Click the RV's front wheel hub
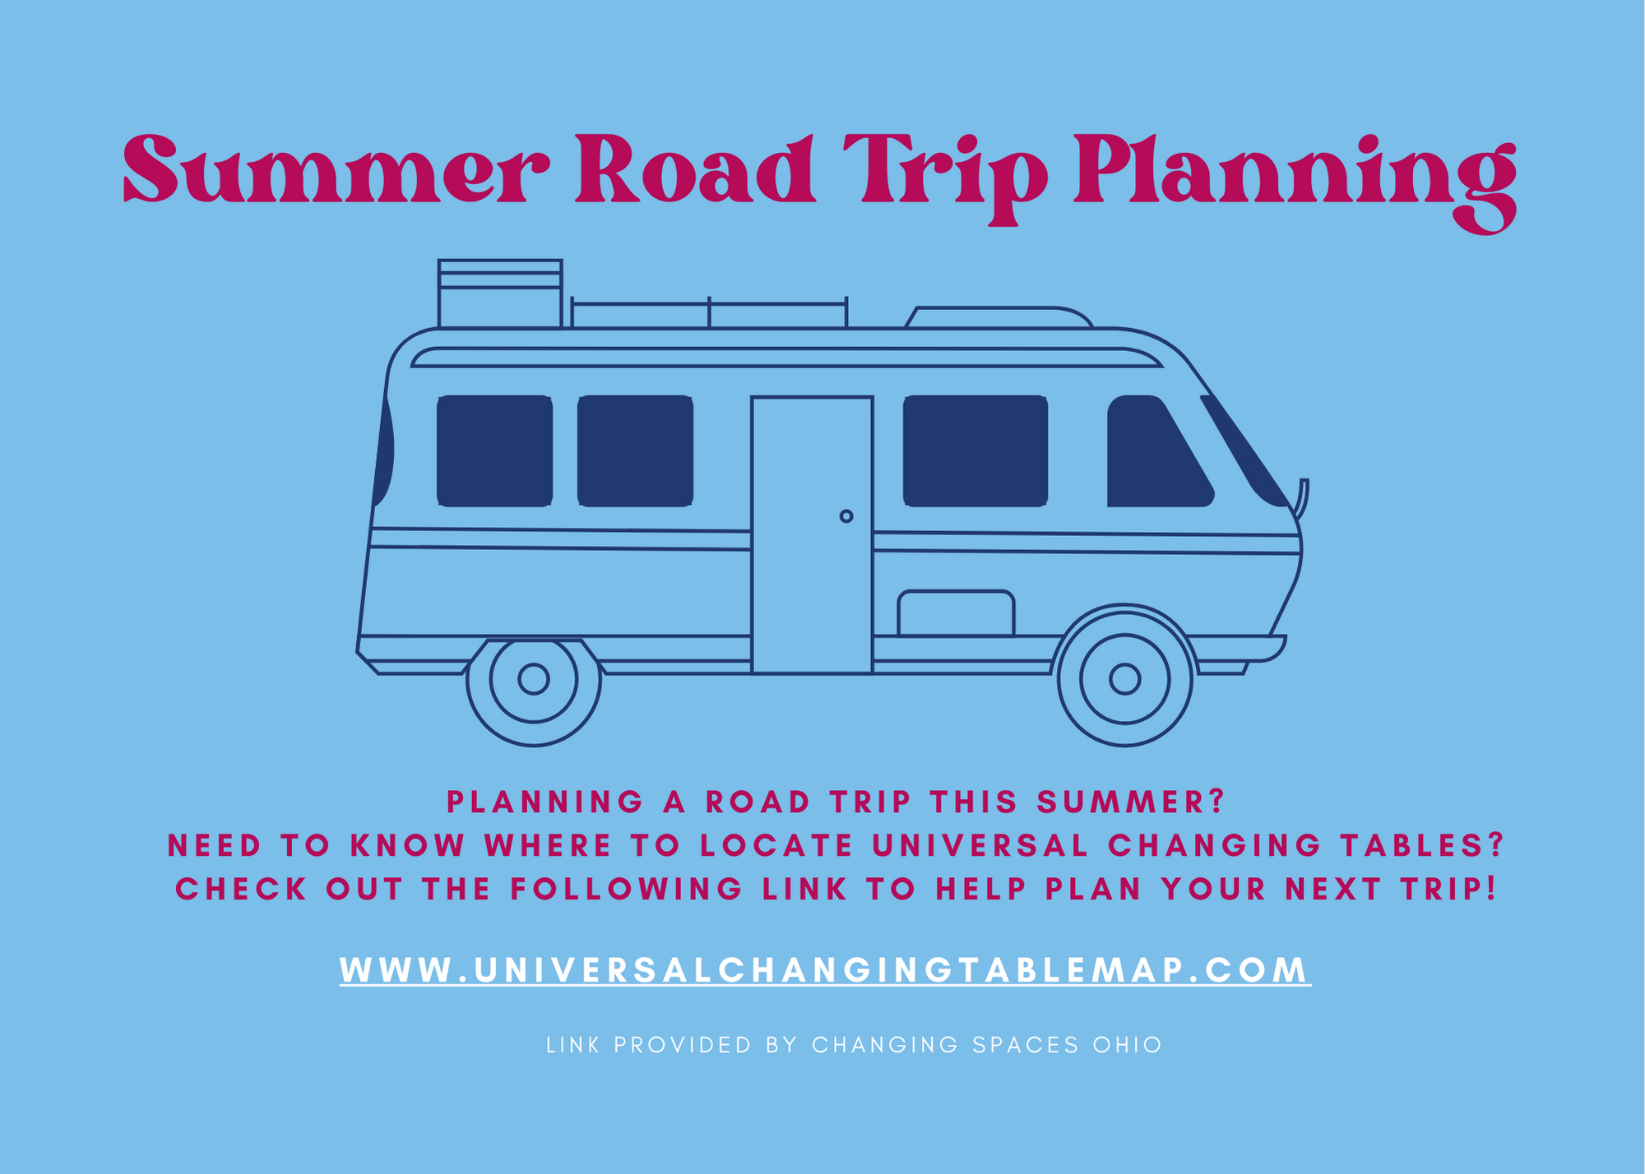[x=1124, y=679]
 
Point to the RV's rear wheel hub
[x=534, y=679]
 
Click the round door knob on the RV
[x=846, y=516]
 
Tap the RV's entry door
[x=812, y=535]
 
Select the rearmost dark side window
[x=494, y=451]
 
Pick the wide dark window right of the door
[x=975, y=451]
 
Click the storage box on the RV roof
[x=500, y=293]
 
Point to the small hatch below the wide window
[x=956, y=612]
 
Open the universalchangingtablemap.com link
[x=825, y=970]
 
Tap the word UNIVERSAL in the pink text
[x=980, y=845]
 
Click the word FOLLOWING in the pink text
[x=627, y=889]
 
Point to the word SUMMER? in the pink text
[x=1131, y=802]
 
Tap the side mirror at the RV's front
[x=1301, y=498]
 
